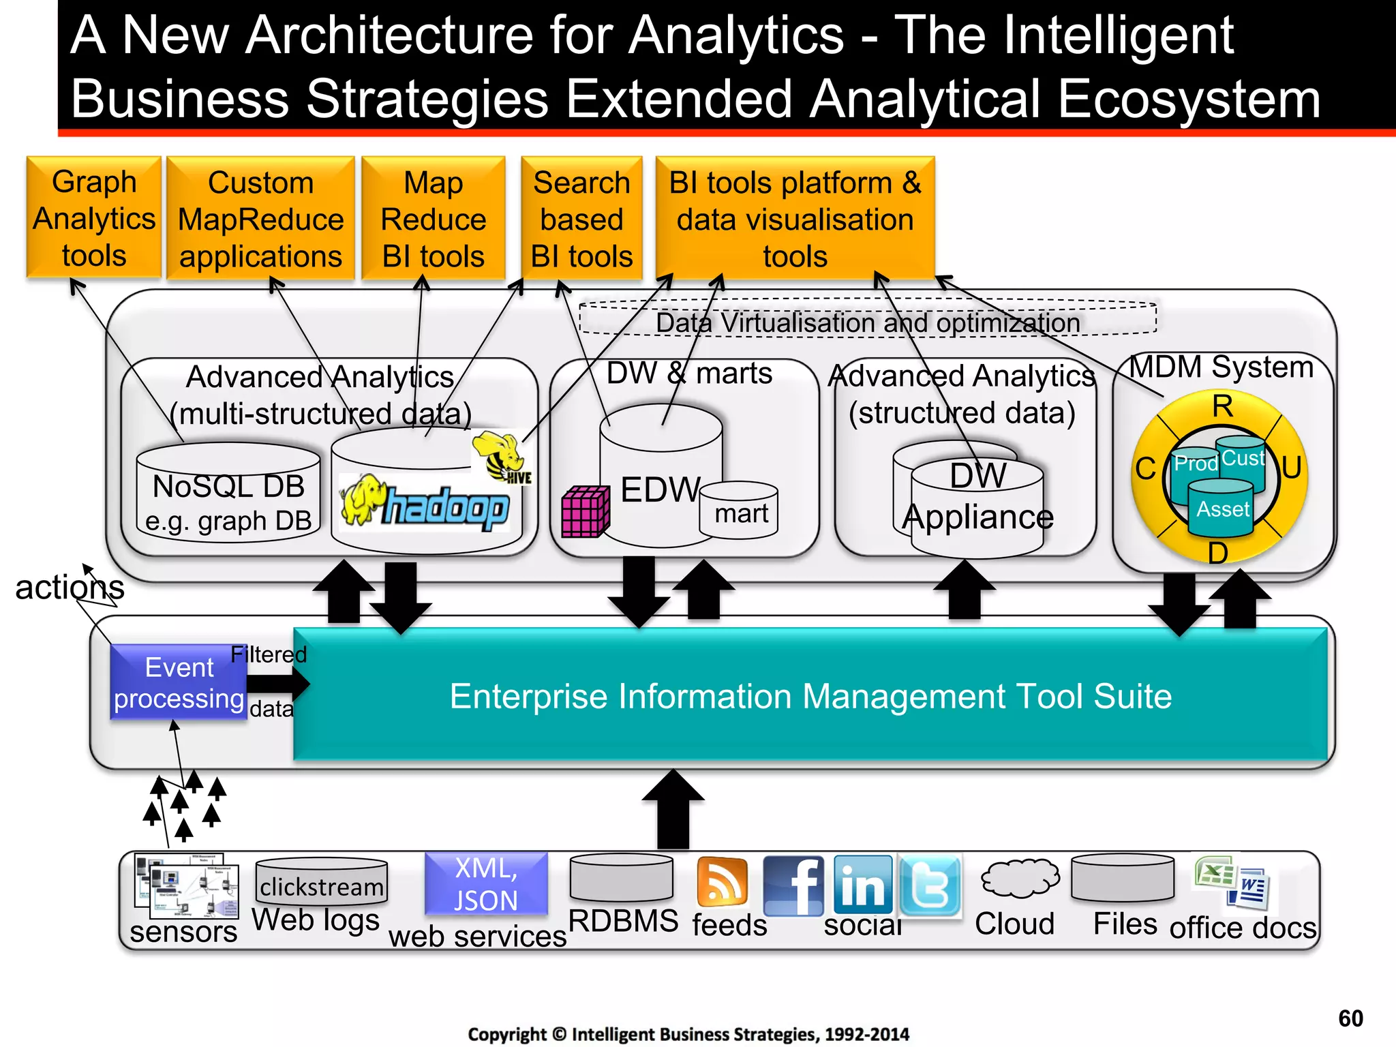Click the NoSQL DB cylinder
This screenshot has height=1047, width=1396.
228,493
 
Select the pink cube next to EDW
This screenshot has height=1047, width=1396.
585,511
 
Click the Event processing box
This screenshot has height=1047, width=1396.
179,682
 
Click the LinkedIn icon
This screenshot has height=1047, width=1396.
863,885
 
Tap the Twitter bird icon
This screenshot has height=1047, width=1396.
930,885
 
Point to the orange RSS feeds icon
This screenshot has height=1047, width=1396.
722,881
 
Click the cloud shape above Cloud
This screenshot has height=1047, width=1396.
1020,878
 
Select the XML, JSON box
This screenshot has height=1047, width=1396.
486,883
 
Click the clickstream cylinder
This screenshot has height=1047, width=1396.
321,881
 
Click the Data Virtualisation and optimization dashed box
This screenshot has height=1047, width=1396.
867,318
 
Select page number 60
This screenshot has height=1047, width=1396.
1350,1018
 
